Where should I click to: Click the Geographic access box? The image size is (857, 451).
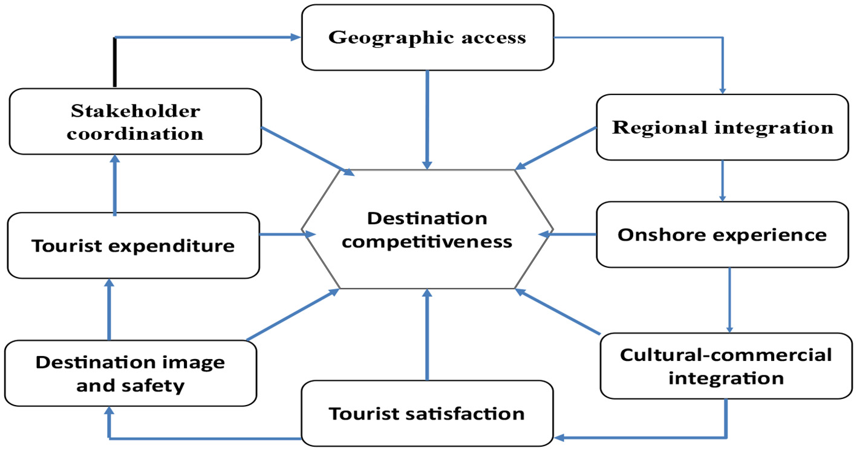point(427,37)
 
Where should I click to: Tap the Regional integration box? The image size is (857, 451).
point(722,127)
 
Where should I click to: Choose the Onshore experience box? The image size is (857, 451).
point(722,235)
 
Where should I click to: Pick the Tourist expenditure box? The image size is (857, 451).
point(133,245)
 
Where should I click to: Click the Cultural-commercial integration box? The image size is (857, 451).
point(726,366)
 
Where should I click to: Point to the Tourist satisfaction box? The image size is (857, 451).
point(427,414)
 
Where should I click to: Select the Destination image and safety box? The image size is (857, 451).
point(129,374)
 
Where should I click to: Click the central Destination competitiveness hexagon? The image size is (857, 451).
point(427,230)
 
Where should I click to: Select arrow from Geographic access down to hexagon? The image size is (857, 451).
point(428,118)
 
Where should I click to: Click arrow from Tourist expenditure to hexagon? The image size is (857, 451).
point(281,233)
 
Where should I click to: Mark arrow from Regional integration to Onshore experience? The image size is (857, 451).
point(722,180)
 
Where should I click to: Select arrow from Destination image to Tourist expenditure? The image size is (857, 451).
point(109,310)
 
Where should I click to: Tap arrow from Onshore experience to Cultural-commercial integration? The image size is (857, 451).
point(729,300)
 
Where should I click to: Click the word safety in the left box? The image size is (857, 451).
point(158,385)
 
